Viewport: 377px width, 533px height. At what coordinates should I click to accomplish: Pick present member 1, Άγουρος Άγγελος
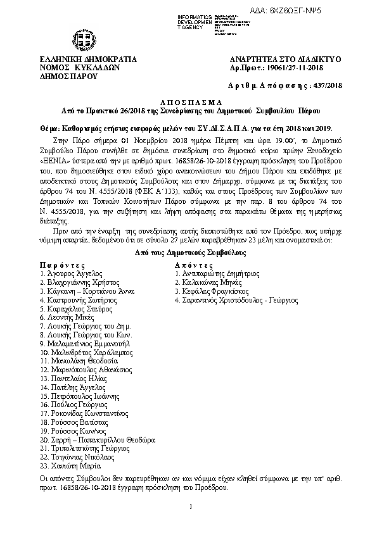tap(70, 274)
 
